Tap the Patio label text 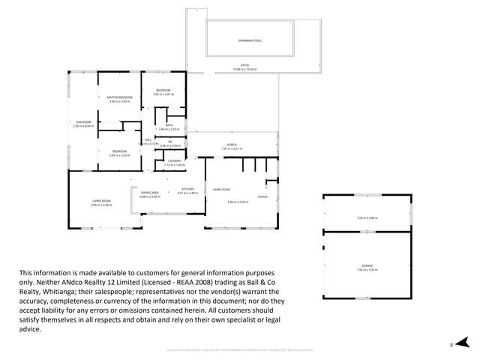[244, 65]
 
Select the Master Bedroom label [120, 97]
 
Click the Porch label [232, 145]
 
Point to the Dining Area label [150, 193]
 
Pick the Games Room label [222, 189]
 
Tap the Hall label [148, 140]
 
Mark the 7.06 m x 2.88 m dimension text [367, 219]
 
